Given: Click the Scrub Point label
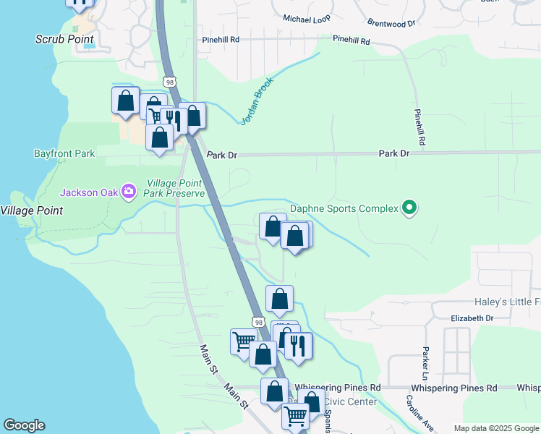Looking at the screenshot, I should coord(66,38).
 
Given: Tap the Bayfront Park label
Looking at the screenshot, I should coord(64,154).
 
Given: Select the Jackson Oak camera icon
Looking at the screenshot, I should coord(129,192).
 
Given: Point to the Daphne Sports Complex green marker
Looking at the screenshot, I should coord(409,208).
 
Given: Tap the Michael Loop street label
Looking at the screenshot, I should coord(306,19).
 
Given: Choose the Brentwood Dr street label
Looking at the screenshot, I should coord(391,23).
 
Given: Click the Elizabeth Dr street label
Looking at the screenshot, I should coord(472,318).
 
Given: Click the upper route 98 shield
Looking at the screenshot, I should coord(169,82).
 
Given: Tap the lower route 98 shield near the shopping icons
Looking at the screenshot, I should coord(258,322).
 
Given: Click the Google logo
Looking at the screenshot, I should coord(24,425).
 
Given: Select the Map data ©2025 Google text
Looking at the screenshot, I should coord(495,428).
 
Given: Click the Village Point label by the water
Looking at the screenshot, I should coord(31,210).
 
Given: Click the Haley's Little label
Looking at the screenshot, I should coord(506,302).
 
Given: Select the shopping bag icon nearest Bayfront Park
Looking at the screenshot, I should coord(159,137).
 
